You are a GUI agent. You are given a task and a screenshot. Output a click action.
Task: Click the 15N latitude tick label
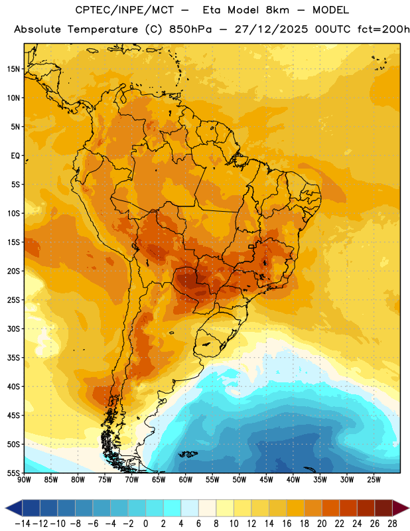(13, 69)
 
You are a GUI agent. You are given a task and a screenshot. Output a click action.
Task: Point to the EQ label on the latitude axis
(15, 156)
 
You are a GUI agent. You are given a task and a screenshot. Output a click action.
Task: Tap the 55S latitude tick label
(13, 473)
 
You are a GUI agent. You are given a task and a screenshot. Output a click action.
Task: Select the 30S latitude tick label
(13, 329)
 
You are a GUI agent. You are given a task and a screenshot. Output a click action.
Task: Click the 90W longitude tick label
(24, 479)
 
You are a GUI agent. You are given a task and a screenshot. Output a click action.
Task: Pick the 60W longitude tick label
(186, 479)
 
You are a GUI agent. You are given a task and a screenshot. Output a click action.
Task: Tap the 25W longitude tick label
(374, 479)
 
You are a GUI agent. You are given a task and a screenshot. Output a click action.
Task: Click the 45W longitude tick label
(266, 479)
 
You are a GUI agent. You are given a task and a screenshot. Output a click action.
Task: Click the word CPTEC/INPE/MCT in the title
(124, 10)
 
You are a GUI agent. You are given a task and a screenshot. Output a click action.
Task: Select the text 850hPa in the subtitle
(190, 29)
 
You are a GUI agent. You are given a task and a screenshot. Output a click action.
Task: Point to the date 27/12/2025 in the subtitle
(271, 29)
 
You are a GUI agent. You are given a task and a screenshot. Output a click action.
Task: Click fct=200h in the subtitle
(383, 29)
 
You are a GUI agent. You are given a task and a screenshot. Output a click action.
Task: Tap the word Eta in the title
(212, 10)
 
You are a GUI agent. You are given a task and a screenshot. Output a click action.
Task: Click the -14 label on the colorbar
(23, 524)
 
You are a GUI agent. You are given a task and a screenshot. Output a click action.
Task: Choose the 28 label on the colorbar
(392, 524)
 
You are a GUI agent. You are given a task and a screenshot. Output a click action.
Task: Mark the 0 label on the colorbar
(145, 524)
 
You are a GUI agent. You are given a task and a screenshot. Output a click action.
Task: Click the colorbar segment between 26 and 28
(383, 508)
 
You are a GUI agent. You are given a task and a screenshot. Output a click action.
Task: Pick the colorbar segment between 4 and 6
(190, 508)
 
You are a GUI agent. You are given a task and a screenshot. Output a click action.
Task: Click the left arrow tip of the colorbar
(5, 508)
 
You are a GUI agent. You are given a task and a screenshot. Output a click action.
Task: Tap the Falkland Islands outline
(188, 454)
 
